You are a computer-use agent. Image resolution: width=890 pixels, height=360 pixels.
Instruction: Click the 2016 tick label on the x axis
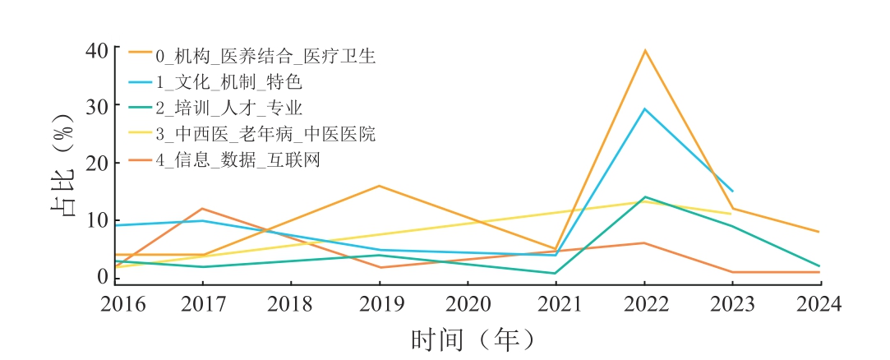tap(122, 305)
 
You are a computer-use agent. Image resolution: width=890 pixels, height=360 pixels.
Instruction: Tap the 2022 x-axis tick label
tap(645, 305)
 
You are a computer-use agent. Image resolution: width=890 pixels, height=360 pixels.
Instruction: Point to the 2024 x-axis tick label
tap(819, 305)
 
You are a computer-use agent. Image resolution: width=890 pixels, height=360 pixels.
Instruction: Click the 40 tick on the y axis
tap(97, 50)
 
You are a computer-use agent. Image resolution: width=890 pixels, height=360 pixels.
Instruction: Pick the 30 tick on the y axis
tap(97, 107)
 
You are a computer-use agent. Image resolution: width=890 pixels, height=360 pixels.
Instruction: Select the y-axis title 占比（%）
tap(63, 163)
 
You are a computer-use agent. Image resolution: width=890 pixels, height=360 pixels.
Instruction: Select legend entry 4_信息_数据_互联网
tap(237, 159)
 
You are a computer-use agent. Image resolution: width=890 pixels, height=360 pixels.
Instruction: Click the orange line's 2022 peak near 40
tap(645, 50)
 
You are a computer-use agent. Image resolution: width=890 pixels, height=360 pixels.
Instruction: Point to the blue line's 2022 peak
tap(645, 108)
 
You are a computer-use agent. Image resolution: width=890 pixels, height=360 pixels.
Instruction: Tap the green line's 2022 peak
tap(645, 197)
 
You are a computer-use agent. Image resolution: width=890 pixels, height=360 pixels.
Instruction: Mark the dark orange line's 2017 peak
tap(202, 209)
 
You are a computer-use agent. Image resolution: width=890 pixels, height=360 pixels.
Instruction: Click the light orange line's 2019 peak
tap(379, 186)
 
